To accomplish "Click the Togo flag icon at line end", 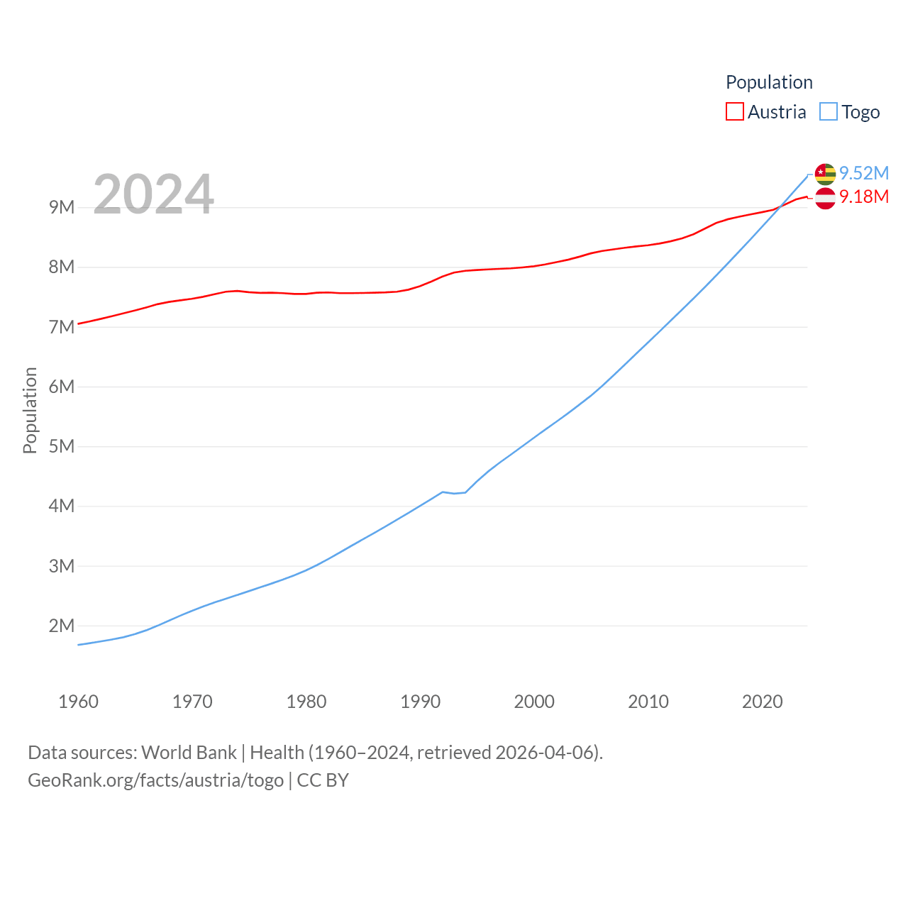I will (x=825, y=174).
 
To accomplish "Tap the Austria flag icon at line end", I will (x=825, y=199).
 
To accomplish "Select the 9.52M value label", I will (x=864, y=173).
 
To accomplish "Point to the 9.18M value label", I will (x=864, y=196).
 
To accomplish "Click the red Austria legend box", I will (x=735, y=112).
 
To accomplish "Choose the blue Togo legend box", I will (x=829, y=112).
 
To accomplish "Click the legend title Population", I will (x=769, y=82).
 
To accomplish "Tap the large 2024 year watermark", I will (x=153, y=194).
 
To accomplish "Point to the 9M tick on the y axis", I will (x=62, y=207).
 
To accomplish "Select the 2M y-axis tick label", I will (x=62, y=626).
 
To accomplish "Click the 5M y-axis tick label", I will (x=62, y=446).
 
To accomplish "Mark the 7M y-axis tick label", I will (x=62, y=327).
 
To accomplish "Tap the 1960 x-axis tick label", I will (x=78, y=702).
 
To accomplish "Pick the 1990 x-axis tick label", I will (x=420, y=702).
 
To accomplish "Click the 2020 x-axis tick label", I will (x=762, y=702).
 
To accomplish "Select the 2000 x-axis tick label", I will (x=534, y=702).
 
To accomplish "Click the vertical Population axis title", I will (x=30, y=410).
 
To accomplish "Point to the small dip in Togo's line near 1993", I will (x=455, y=493).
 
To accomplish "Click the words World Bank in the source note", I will (x=189, y=752).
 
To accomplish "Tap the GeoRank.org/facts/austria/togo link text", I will (x=155, y=780).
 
